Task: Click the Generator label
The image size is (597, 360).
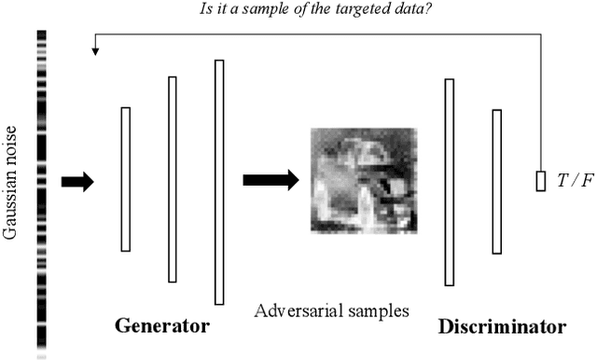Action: tap(161, 326)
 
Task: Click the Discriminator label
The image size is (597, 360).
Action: tap(502, 326)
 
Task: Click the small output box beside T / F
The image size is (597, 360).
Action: tap(540, 181)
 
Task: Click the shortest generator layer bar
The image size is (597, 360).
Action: tap(126, 179)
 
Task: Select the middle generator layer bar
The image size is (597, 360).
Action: tap(173, 179)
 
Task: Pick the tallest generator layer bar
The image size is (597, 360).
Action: tap(219, 182)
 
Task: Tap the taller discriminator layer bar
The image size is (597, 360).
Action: tap(450, 182)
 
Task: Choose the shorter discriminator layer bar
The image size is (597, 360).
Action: tap(496, 181)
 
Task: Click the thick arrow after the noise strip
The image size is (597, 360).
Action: tap(77, 182)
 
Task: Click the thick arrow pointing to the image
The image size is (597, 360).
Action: tap(270, 179)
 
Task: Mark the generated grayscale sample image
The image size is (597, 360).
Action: tap(363, 179)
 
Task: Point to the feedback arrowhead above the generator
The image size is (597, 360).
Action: tap(95, 50)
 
